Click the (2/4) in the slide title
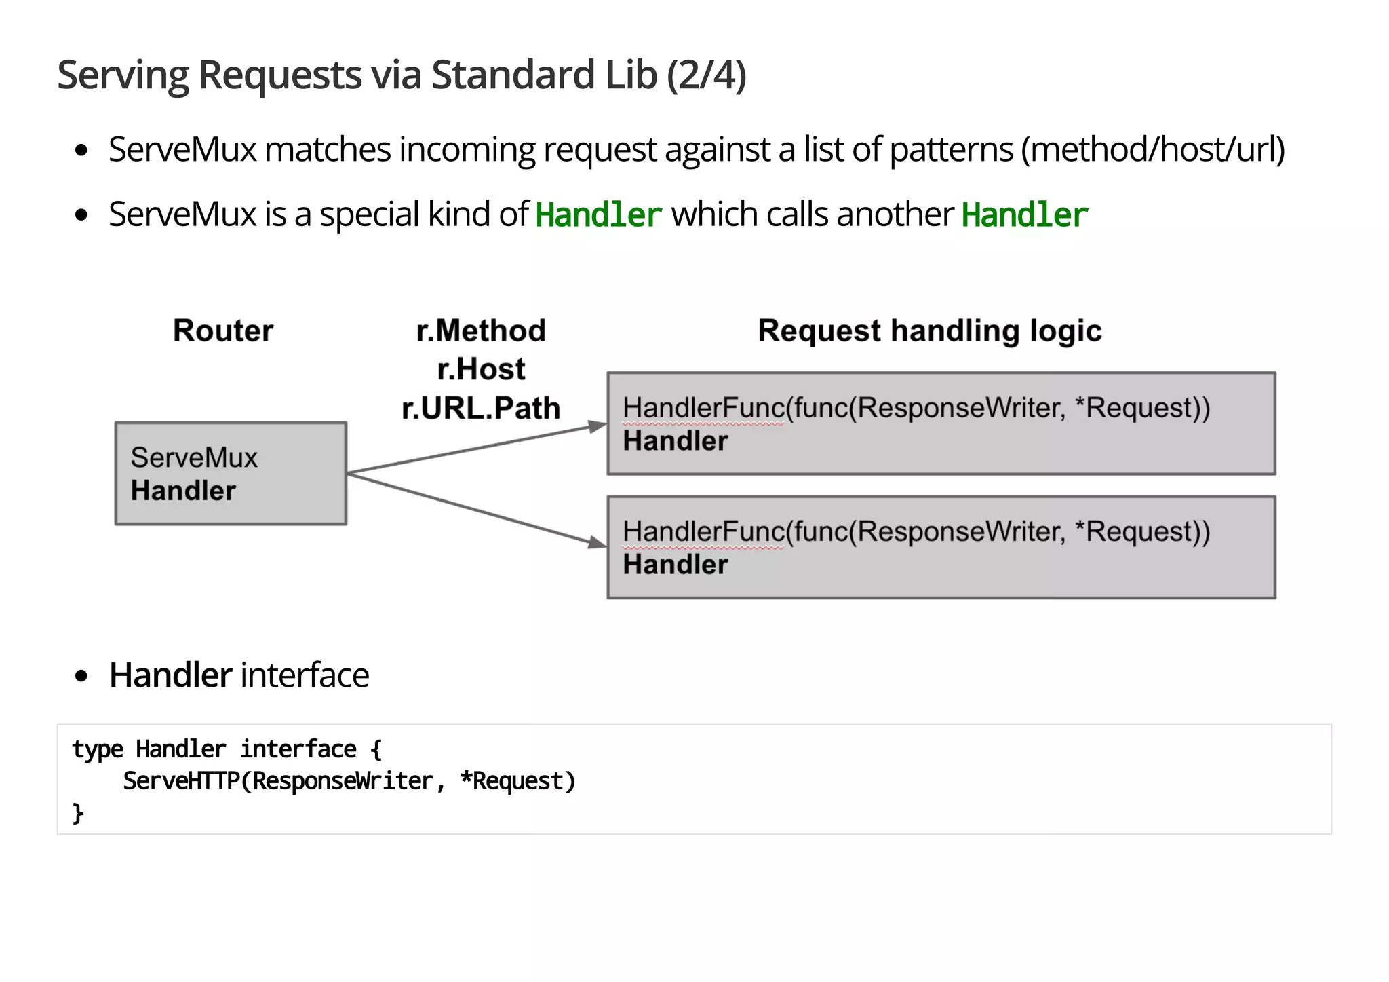[x=706, y=75]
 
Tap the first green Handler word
[x=598, y=215]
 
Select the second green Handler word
[x=1024, y=215]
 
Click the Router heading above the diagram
[x=223, y=331]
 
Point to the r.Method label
[x=481, y=331]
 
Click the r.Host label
[x=481, y=370]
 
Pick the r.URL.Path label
[x=481, y=409]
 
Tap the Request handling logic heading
[x=929, y=331]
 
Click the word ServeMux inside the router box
[x=194, y=458]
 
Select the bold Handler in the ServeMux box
[x=183, y=491]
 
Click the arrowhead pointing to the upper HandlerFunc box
[x=598, y=426]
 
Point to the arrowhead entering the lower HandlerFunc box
[x=597, y=542]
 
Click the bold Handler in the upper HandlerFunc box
[x=675, y=441]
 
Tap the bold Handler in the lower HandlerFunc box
[x=675, y=565]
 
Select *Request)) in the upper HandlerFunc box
[x=1142, y=408]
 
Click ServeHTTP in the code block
[x=181, y=781]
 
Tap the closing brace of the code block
[x=78, y=812]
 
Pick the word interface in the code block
[x=298, y=749]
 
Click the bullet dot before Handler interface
[x=82, y=676]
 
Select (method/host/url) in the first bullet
[x=1153, y=149]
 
